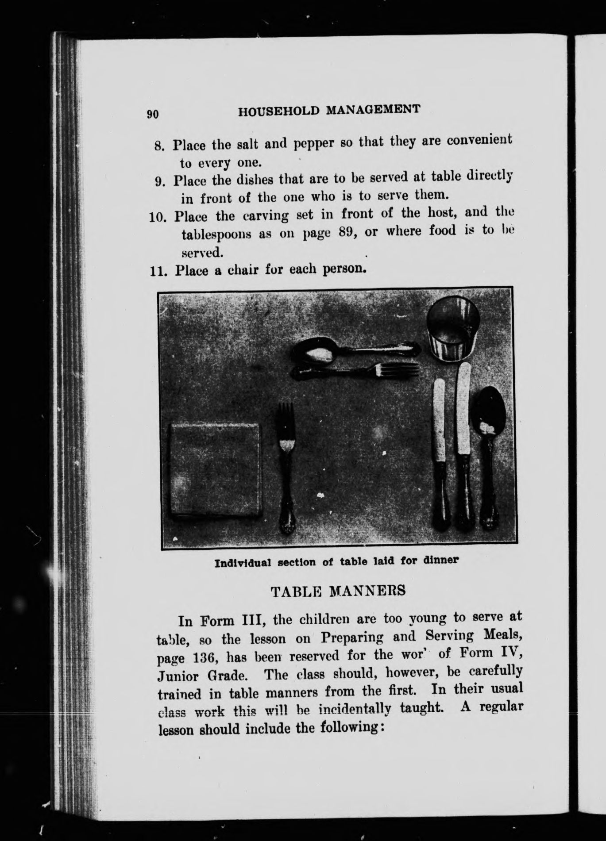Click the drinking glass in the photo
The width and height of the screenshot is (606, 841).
pos(452,327)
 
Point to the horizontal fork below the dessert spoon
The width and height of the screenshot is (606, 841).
pos(359,372)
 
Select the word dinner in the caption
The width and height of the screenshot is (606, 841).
pos(441,560)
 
